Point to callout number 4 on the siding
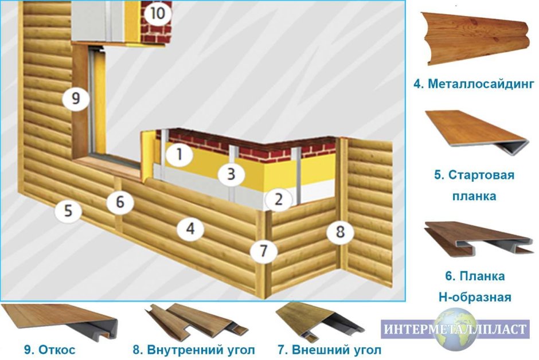(190, 229)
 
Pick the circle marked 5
(68, 212)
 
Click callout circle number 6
(119, 202)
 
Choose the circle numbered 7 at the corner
(263, 251)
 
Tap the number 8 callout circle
(340, 232)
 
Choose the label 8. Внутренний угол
(193, 349)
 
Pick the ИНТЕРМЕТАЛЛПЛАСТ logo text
(455, 330)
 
